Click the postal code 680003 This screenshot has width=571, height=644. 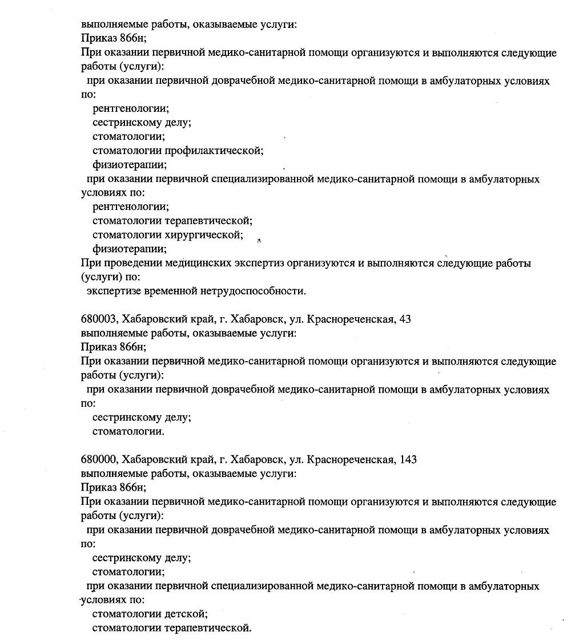click(x=99, y=319)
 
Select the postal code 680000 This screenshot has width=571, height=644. click(x=99, y=460)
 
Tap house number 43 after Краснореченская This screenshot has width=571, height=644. click(x=405, y=319)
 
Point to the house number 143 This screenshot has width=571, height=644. click(x=408, y=460)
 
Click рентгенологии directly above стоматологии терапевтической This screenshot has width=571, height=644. click(x=131, y=207)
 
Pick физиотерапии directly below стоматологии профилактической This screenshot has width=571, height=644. click(x=130, y=165)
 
